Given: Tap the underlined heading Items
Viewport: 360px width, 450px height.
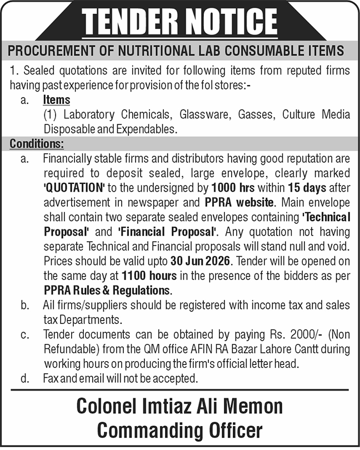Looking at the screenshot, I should (x=57, y=100).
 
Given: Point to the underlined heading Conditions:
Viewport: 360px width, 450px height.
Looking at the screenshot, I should (x=37, y=144).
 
